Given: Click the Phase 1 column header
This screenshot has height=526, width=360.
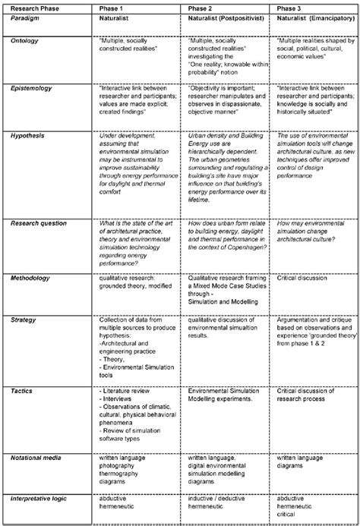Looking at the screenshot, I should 113,8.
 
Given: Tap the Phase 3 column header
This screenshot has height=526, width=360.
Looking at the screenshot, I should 289,8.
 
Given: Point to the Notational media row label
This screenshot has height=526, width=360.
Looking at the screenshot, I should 41,458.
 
